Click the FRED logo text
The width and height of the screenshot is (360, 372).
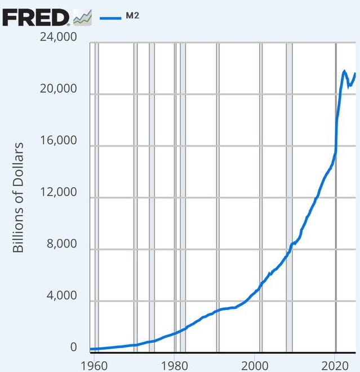(36, 17)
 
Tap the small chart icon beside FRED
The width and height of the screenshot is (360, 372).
(82, 17)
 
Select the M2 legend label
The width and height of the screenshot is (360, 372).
(132, 16)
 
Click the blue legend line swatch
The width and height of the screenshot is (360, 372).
(110, 18)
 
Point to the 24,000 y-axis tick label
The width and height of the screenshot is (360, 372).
(59, 37)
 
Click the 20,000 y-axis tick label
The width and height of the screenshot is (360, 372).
(59, 88)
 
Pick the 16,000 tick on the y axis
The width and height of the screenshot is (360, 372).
(59, 140)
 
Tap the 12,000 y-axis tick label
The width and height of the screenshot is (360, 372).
(59, 192)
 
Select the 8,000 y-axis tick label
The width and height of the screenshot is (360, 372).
(61, 243)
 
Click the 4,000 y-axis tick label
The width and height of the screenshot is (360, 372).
(61, 295)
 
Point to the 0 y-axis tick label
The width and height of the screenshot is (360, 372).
(74, 347)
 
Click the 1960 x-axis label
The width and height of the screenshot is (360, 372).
(94, 366)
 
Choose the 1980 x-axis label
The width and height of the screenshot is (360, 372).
(174, 366)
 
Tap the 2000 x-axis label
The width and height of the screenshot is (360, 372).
(255, 366)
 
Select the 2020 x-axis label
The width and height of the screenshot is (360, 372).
(335, 366)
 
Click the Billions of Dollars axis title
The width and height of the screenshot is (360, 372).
(18, 197)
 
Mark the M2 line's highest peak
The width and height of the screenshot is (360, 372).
(345, 71)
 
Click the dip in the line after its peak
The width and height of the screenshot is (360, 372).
(349, 86)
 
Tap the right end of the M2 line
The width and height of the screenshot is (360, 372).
(355, 73)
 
